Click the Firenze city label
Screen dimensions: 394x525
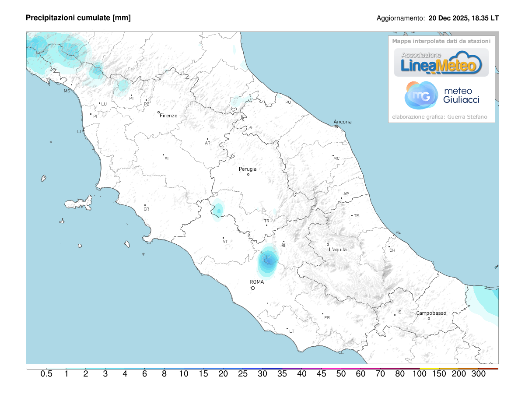pyautogui.click(x=168, y=116)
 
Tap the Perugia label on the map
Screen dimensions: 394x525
pyautogui.click(x=248, y=169)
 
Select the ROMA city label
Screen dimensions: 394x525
pyautogui.click(x=257, y=282)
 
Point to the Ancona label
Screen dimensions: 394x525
pyautogui.click(x=343, y=122)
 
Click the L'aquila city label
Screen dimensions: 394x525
pyautogui.click(x=338, y=250)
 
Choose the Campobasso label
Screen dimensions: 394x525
pyautogui.click(x=431, y=313)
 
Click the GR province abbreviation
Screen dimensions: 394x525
pyautogui.click(x=147, y=209)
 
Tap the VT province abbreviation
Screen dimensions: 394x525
pyautogui.click(x=225, y=241)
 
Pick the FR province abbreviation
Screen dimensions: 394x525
pyautogui.click(x=327, y=317)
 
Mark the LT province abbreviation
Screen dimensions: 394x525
pyautogui.click(x=292, y=331)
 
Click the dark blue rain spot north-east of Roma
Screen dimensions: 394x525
pyautogui.click(x=268, y=261)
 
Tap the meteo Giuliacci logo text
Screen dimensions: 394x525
pyautogui.click(x=461, y=95)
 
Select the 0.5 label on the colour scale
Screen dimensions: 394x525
pyautogui.click(x=47, y=374)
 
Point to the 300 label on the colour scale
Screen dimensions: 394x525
pyautogui.click(x=479, y=374)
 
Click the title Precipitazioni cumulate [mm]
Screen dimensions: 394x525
pyautogui.click(x=78, y=18)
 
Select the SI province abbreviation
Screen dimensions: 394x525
pyautogui.click(x=166, y=158)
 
